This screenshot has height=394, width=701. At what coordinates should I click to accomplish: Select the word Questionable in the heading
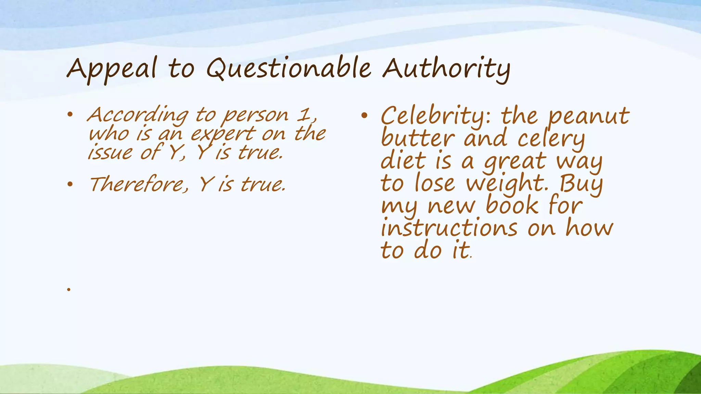pos(289,68)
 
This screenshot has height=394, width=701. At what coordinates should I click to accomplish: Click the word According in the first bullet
pos(137,115)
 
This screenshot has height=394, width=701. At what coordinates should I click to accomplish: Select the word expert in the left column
pos(223,134)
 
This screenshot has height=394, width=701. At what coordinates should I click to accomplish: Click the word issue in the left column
pos(110,152)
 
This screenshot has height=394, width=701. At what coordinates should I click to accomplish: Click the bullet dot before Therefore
pos(70,185)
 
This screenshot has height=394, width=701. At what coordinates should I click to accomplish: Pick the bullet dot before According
pos(70,115)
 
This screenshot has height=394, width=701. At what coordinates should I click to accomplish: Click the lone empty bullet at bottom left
pos(69,290)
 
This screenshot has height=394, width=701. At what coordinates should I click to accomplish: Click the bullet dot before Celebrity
pos(364,116)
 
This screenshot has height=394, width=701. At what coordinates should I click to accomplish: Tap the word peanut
pos(588,116)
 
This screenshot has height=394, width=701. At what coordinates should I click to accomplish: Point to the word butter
pos(418,139)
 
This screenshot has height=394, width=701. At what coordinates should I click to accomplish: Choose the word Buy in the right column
pos(581,184)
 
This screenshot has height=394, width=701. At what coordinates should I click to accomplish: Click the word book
pos(512,206)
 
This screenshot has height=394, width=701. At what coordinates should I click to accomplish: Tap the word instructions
pos(449,228)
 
